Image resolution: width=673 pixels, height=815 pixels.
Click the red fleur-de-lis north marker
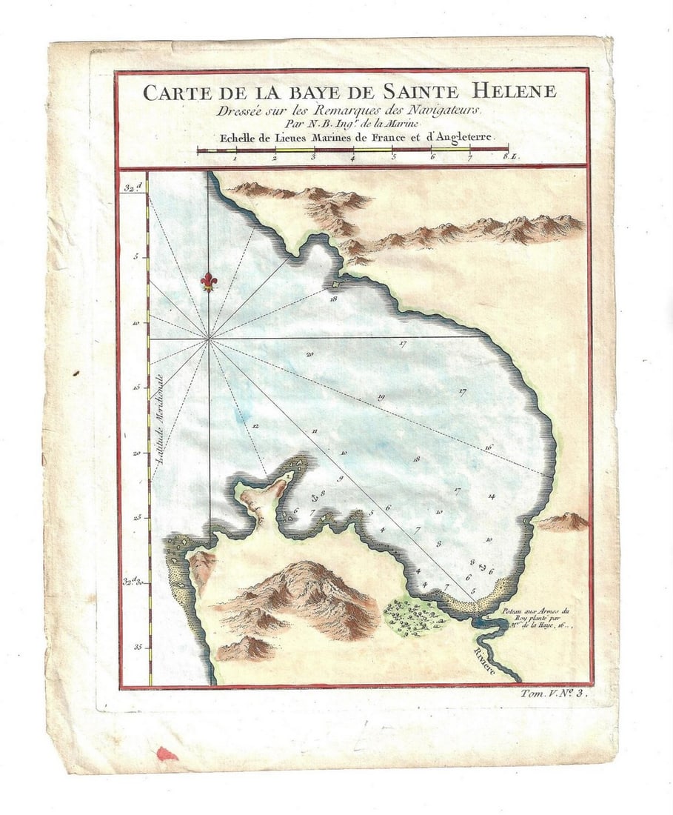tap(209, 282)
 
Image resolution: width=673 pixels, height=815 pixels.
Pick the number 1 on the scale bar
tap(235, 157)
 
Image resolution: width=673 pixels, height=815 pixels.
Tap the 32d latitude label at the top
tap(133, 186)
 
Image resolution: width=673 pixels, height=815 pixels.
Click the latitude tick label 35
tap(138, 646)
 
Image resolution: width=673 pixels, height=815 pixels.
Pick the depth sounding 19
tap(381, 397)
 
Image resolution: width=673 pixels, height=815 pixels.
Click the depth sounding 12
tap(254, 426)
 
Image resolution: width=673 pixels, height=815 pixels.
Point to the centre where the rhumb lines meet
tap(210, 339)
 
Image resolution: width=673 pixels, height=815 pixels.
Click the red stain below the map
tap(167, 754)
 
